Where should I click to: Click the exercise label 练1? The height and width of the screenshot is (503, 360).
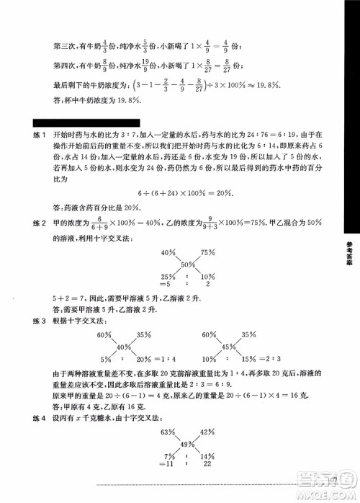(x=30, y=134)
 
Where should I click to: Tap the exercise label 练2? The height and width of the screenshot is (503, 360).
(x=30, y=219)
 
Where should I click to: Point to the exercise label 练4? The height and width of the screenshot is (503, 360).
(x=30, y=419)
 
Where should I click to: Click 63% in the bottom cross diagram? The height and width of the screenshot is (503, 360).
(x=168, y=431)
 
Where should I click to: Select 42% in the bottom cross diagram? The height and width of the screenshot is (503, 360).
(x=207, y=431)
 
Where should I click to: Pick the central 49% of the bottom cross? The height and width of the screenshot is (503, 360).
(x=187, y=444)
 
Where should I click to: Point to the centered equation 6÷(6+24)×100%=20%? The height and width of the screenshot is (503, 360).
(x=186, y=192)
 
